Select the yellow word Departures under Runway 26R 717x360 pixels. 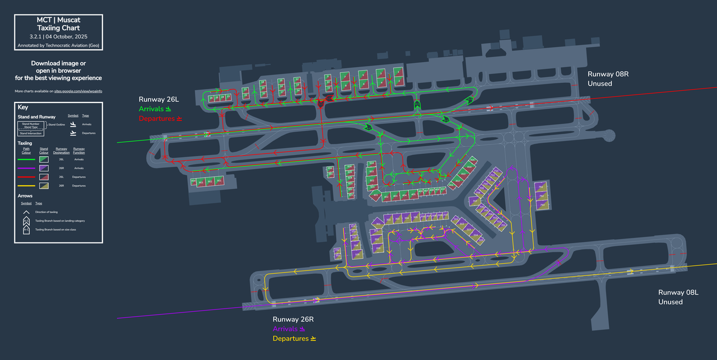pyautogui.click(x=290, y=339)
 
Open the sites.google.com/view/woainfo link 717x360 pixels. pyautogui.click(x=78, y=91)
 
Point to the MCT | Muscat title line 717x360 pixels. pyautogui.click(x=58, y=20)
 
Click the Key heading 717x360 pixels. pyautogui.click(x=23, y=107)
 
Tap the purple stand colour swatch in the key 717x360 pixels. pyautogui.click(x=44, y=168)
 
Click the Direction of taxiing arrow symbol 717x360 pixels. pyautogui.click(x=26, y=212)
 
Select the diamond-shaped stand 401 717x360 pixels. pyautogui.click(x=375, y=195)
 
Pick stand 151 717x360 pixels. pyautogui.click(x=337, y=255)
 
